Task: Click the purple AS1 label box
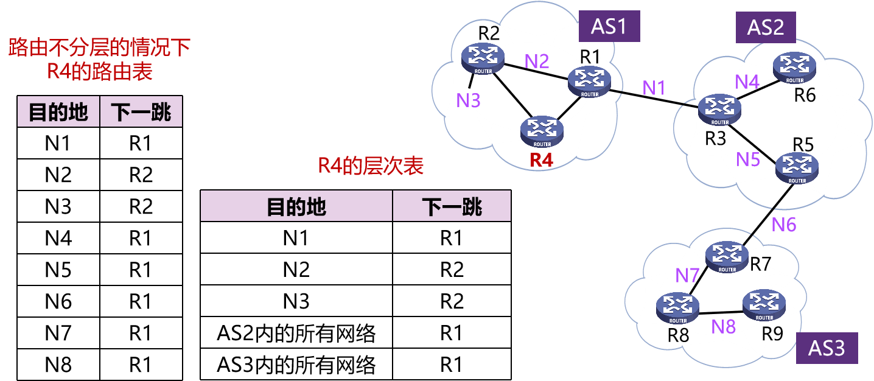coord(609,26)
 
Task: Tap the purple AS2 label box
coord(765,27)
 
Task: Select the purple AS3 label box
coord(827,348)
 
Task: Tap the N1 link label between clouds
coord(654,88)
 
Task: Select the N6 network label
coord(784,225)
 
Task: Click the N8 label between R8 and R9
coord(724,327)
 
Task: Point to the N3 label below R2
coord(469,100)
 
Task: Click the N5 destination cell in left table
coord(58,270)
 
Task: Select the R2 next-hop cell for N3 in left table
coord(141,206)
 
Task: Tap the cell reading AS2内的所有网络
coord(296,333)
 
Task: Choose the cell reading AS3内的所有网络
coord(296,365)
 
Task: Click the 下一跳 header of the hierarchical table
coord(452,206)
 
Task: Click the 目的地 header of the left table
coord(58,112)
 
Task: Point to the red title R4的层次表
coord(371,166)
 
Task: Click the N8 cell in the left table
coord(58,365)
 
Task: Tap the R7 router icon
coord(727,257)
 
